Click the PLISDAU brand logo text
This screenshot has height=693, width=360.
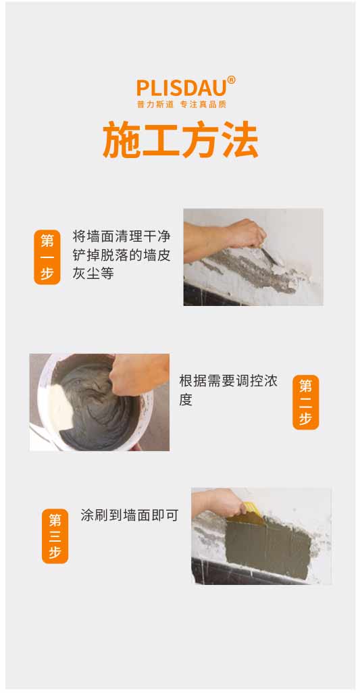(181, 88)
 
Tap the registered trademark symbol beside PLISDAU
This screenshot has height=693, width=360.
(231, 80)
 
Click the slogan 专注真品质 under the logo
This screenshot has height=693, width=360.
(203, 104)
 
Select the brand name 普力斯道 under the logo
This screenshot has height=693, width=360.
(155, 104)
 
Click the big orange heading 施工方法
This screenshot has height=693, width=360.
(180, 140)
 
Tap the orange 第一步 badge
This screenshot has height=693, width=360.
(47, 257)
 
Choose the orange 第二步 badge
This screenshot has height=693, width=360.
(306, 402)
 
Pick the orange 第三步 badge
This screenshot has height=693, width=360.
(55, 536)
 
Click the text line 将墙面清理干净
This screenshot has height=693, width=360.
(122, 236)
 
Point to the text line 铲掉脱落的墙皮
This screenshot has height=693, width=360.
(122, 255)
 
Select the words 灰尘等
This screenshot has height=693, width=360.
(93, 274)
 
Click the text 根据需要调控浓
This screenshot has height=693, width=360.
(228, 381)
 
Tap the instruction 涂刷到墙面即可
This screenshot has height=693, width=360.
(130, 515)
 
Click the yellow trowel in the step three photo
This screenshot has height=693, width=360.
(252, 512)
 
